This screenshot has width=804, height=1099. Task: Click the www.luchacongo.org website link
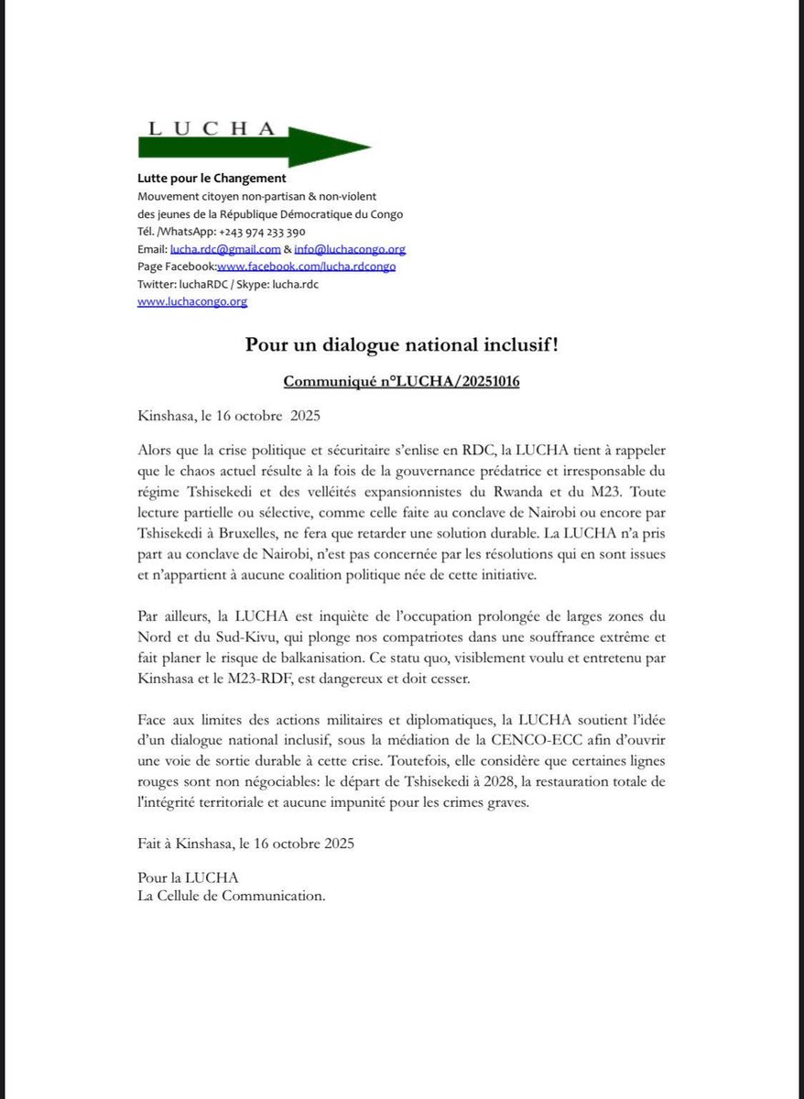191,301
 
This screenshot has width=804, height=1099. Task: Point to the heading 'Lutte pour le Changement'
212,179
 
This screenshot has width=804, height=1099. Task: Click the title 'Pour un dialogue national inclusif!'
401,345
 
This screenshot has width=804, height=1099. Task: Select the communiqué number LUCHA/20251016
401,381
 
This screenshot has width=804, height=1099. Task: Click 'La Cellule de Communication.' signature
231,896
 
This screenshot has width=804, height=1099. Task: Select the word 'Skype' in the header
253,284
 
